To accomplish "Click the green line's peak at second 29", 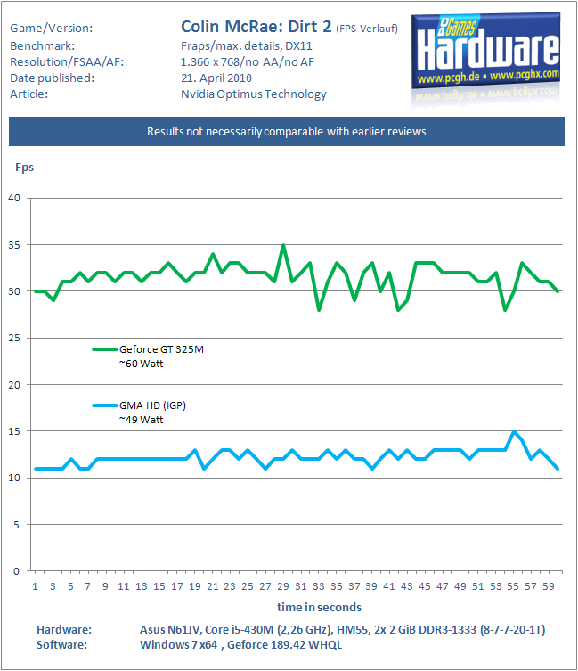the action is tap(283, 245).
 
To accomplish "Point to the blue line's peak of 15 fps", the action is tap(513, 431).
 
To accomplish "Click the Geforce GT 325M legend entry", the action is tap(148, 349).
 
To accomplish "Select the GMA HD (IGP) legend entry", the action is tap(139, 405).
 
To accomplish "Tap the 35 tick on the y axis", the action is tap(14, 245).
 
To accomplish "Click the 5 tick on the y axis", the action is tap(16, 524).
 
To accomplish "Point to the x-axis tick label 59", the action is tap(549, 586).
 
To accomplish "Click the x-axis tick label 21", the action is tap(212, 586).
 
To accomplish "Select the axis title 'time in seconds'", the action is tap(319, 607).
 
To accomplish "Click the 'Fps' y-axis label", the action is tap(24, 168).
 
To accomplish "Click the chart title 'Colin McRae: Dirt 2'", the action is tap(256, 27).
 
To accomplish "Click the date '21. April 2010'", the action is tap(216, 78).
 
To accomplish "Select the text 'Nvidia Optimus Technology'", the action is tap(254, 94).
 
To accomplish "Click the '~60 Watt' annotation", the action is tap(142, 364).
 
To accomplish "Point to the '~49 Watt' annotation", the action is tap(142, 420).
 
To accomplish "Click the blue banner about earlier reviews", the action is tap(287, 131).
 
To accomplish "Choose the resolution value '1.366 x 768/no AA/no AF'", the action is tap(248, 62).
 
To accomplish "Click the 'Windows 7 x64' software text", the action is tap(179, 644).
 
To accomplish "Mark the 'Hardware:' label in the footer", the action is tap(64, 629).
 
